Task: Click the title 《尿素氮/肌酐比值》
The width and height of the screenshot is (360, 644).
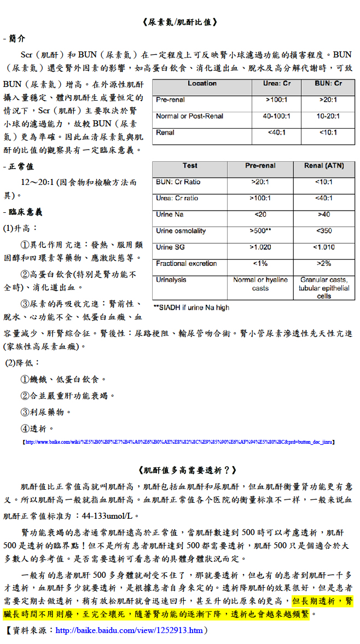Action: [x=179, y=22]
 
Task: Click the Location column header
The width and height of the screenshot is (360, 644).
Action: [x=202, y=84]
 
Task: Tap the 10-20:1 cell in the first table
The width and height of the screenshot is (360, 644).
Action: [x=328, y=117]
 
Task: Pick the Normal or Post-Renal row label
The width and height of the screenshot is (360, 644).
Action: [x=189, y=117]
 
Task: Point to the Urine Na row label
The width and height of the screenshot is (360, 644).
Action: [x=171, y=214]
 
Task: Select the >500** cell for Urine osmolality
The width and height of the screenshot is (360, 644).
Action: [x=260, y=231]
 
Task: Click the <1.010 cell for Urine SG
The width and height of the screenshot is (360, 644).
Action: [x=324, y=247]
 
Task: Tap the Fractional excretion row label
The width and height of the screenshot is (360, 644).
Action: [x=186, y=264]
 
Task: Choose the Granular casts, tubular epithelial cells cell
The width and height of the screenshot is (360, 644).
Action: [x=324, y=288]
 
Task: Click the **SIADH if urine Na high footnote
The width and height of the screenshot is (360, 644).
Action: [x=191, y=308]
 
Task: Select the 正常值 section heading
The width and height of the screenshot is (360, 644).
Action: [x=20, y=166]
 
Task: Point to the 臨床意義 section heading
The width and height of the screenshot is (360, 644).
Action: [x=25, y=212]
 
